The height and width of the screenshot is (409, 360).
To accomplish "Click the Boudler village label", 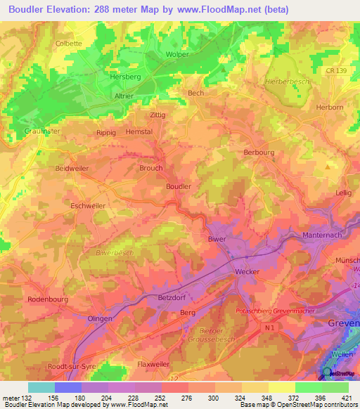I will (x=178, y=186).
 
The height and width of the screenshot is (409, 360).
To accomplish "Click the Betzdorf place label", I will (x=171, y=297).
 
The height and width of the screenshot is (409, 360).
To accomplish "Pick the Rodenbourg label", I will (x=46, y=299).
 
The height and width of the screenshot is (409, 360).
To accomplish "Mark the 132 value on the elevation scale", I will (x=18, y=398).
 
